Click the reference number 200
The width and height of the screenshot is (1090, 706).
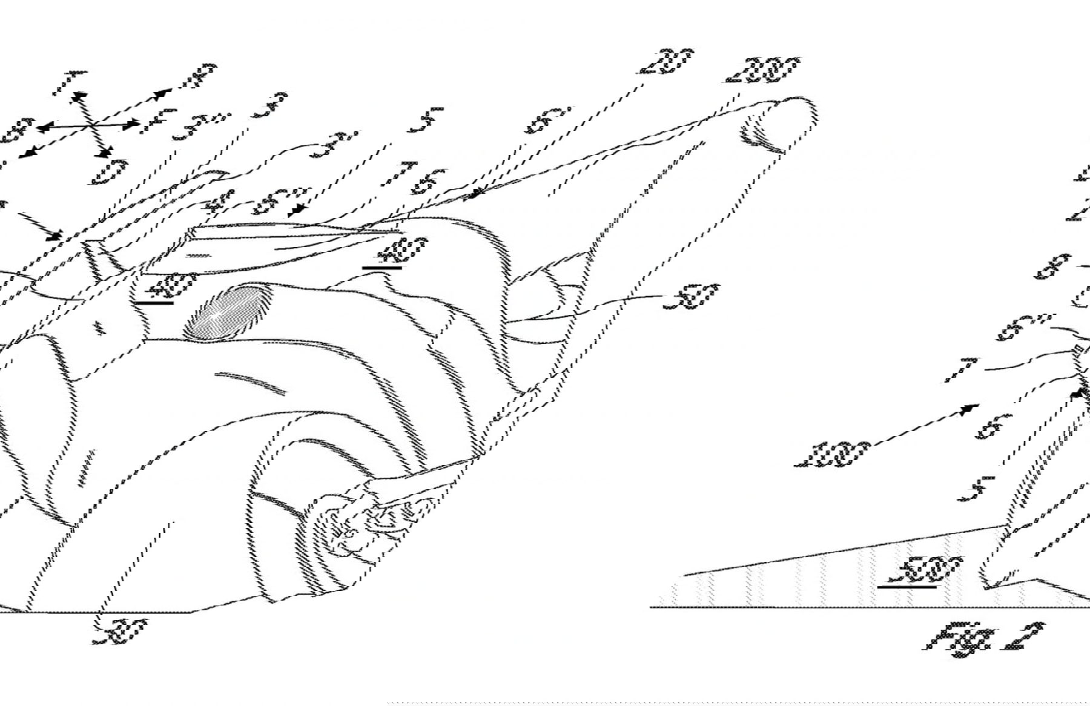point(765,70)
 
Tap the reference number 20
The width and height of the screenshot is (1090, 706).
point(666,62)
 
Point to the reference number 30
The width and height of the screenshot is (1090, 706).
point(119,632)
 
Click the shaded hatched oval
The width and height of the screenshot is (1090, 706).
point(228,312)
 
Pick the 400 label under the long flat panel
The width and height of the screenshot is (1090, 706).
point(402,248)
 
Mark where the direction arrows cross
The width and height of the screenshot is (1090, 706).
point(92,125)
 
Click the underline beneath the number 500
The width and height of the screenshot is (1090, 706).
point(907,587)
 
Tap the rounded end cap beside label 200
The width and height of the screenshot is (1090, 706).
point(781,124)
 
